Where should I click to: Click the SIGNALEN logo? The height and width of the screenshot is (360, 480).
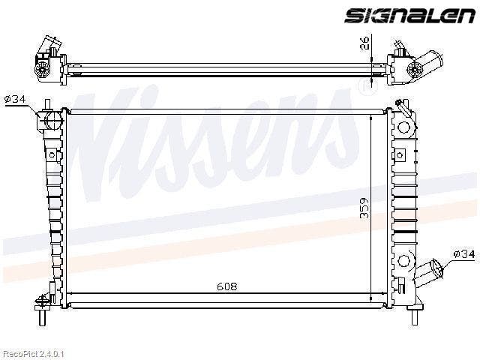pos(409,15)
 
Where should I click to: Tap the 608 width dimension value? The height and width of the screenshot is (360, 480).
pos(226,286)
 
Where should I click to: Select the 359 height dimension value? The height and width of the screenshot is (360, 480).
pos(364,208)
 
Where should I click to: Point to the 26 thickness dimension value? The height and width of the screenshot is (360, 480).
pos(364,42)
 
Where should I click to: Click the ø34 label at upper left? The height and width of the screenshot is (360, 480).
pos(15,99)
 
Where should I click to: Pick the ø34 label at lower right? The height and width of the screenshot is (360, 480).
pos(464,253)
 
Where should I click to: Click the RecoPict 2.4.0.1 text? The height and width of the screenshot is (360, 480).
pos(32,354)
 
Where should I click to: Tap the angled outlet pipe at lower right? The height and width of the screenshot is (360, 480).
pos(428,270)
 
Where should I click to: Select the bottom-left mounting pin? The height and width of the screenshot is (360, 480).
pos(42,317)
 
